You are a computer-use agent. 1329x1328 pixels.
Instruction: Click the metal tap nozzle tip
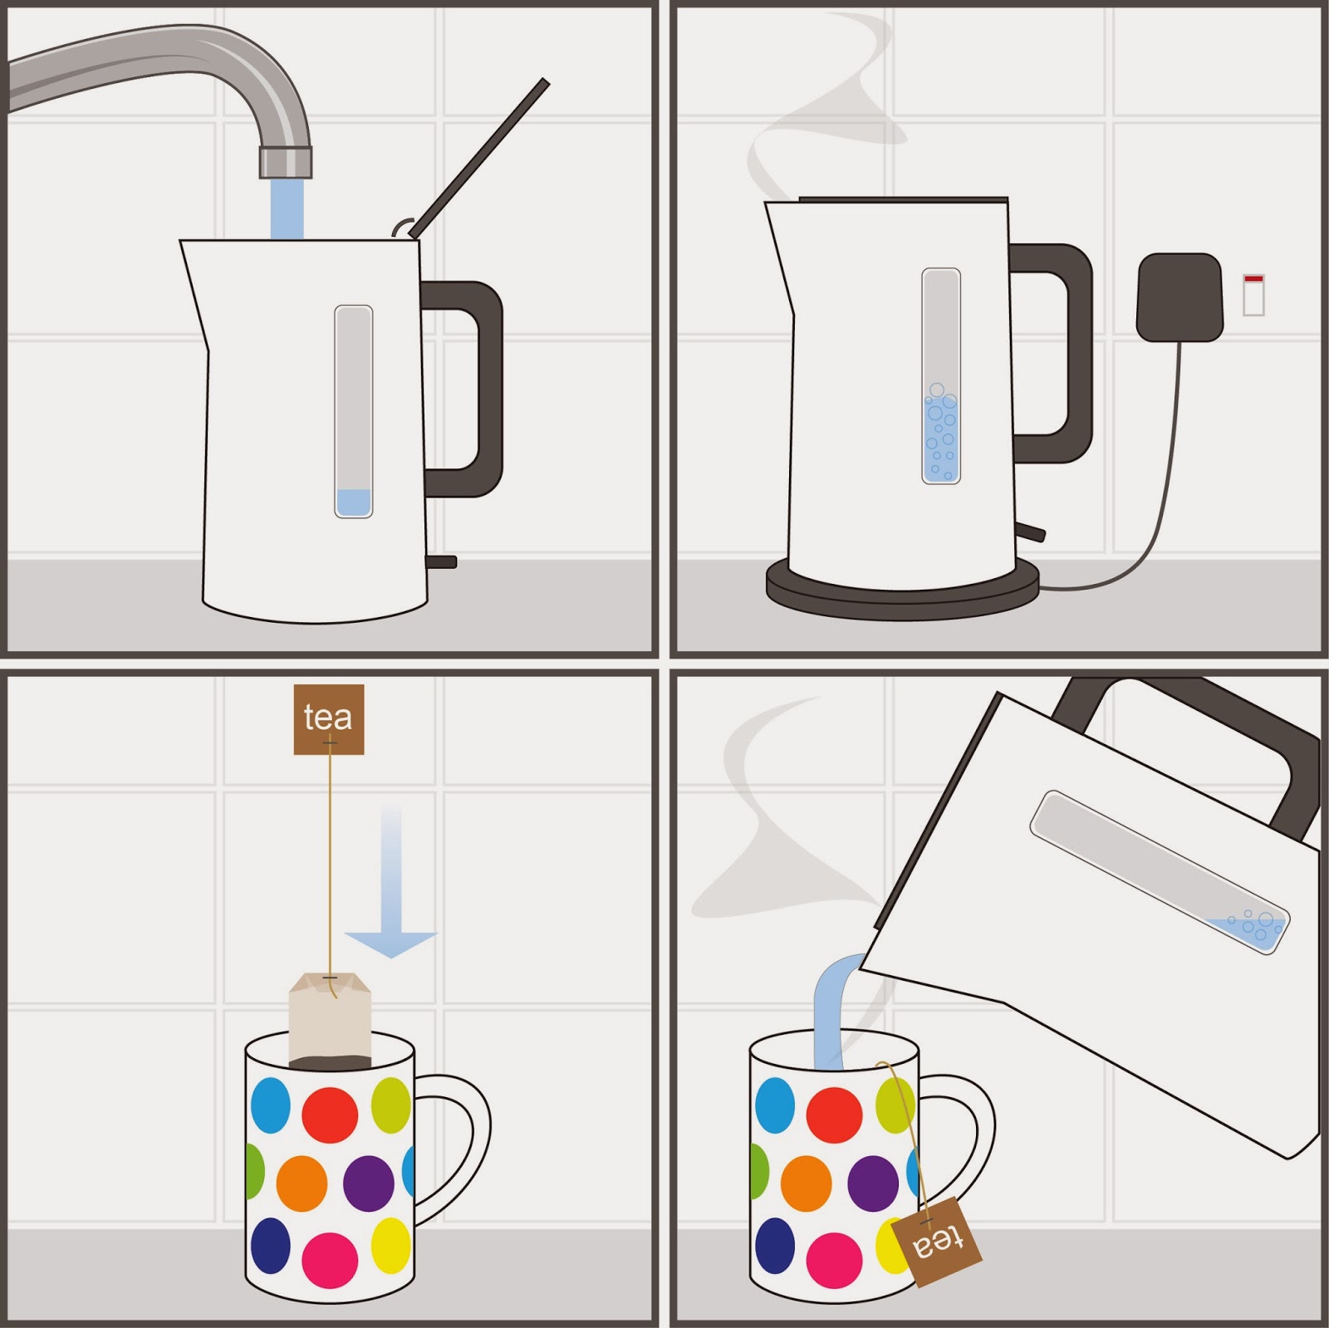click(286, 162)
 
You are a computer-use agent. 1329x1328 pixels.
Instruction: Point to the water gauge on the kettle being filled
click(354, 412)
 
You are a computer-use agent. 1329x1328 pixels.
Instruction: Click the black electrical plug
click(1179, 297)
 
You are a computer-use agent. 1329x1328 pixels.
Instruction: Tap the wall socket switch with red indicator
click(1253, 294)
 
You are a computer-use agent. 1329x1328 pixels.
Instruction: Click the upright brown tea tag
click(329, 719)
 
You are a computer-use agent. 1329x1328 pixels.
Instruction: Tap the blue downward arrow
click(391, 880)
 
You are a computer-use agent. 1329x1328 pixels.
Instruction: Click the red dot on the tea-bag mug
click(330, 1115)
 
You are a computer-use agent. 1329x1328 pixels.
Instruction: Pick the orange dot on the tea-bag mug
click(302, 1183)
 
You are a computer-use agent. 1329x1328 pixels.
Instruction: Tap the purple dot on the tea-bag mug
click(368, 1183)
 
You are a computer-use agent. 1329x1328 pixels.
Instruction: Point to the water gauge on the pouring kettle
click(1159, 872)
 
